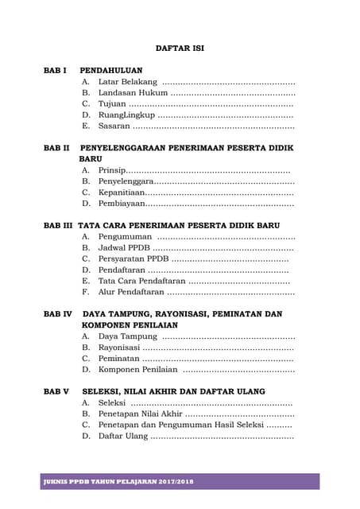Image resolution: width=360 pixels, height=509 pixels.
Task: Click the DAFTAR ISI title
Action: coord(180,48)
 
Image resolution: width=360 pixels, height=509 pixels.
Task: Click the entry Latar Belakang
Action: coord(128,81)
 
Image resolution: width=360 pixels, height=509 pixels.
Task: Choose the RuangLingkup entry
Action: coord(126,115)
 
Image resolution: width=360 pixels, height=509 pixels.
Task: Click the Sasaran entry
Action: coord(114,126)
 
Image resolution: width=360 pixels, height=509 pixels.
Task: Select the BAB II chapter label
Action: coord(56,148)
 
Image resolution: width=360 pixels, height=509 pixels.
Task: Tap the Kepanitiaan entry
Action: coord(122,192)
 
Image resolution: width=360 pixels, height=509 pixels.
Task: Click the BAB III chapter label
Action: coord(58,226)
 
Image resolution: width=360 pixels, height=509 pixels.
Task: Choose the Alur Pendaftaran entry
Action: coord(131,293)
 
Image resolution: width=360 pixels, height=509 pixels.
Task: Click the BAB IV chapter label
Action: coord(58,314)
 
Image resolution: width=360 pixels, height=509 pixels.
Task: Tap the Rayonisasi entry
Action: coord(118,348)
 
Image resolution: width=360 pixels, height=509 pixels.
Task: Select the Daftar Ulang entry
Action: coord(123,436)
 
